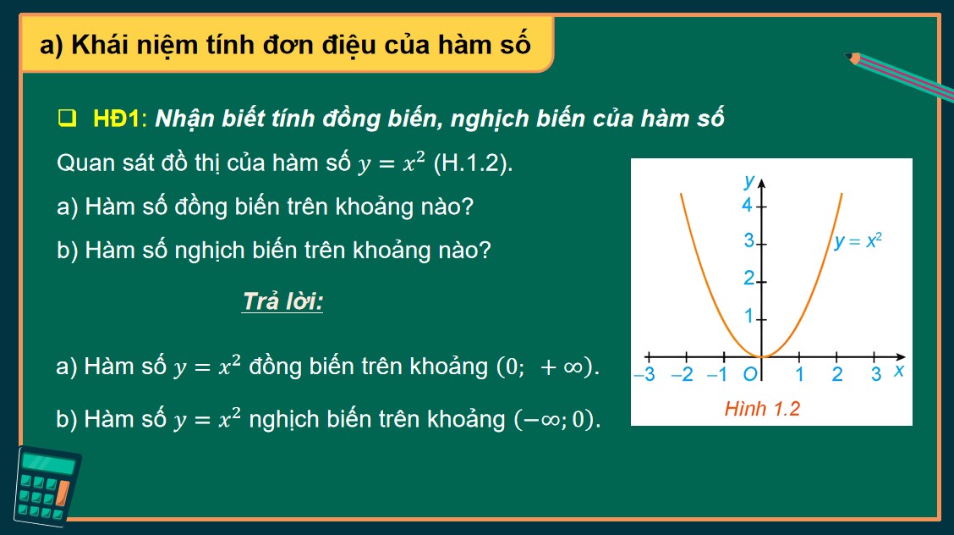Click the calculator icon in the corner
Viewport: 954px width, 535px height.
pos(47,486)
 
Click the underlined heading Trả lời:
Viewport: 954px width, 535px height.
pos(282,302)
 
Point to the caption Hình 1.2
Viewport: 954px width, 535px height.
pos(762,409)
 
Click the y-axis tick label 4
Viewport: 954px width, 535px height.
pos(747,205)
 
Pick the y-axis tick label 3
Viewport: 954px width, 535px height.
pos(748,241)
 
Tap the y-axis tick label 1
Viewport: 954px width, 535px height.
pos(748,317)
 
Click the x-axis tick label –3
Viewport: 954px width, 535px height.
pos(644,374)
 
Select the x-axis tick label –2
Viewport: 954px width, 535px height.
pos(682,374)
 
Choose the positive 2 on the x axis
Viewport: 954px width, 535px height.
pos(837,374)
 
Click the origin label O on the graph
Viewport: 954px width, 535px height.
pos(749,374)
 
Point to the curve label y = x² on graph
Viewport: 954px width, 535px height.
pos(858,240)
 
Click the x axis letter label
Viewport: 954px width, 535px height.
pos(899,372)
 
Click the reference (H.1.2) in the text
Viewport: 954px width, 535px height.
pos(473,163)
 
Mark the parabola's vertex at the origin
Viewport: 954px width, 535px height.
pos(762,356)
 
